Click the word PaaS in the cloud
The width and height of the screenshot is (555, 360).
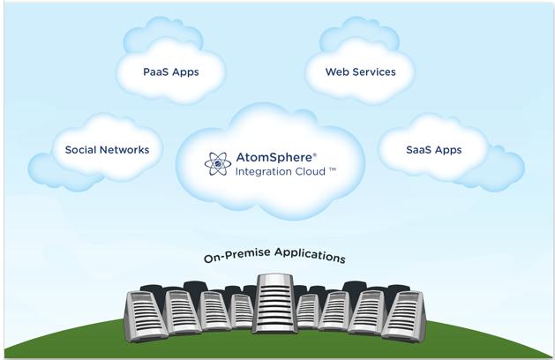[155, 71]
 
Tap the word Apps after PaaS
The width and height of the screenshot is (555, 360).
[185, 72]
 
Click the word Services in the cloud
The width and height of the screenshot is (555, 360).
[374, 71]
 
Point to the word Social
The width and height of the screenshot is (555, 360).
[80, 150]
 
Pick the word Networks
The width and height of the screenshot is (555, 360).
[124, 150]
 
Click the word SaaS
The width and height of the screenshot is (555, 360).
[418, 150]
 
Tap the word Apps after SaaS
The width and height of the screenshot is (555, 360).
[448, 151]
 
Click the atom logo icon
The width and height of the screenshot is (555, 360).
[218, 164]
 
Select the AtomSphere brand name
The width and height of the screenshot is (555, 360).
[274, 157]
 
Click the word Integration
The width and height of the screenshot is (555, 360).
[262, 172]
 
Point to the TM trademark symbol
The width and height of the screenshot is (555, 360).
[333, 169]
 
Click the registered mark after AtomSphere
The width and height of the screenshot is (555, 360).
[315, 154]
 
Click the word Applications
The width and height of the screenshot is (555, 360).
[310, 255]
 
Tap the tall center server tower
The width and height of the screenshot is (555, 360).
[275, 304]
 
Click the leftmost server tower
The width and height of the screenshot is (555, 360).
[145, 316]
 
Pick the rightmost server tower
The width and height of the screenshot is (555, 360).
[403, 316]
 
